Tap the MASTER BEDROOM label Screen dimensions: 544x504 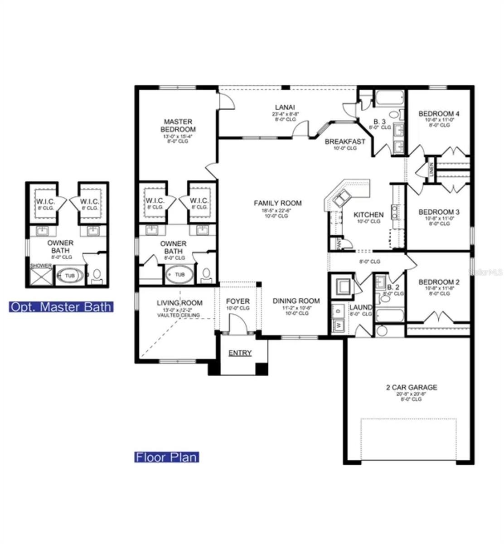178,126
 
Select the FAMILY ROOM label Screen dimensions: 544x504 277,203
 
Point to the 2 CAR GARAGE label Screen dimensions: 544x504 412,387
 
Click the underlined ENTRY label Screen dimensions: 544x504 240,353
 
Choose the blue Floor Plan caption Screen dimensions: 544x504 167,457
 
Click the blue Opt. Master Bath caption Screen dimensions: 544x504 61,307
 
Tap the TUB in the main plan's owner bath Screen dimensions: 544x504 179,275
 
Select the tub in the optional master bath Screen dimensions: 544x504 70,276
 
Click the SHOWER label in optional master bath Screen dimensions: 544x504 41,266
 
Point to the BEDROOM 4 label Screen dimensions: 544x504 438,114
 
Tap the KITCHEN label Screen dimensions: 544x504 368,215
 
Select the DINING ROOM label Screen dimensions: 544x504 296,301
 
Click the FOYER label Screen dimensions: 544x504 238,301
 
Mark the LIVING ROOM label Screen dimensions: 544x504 179,303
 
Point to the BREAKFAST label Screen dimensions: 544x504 344,141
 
